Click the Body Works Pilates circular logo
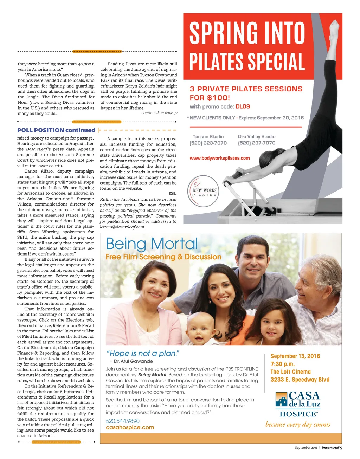click(x=203, y=192)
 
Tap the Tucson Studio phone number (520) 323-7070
click(x=208, y=143)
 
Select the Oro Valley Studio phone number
click(x=257, y=143)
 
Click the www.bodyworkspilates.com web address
click(x=220, y=158)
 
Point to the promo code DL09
click(x=243, y=106)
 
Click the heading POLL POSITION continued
click(x=56, y=130)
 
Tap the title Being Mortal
click(x=152, y=244)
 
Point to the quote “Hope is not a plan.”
click(x=143, y=353)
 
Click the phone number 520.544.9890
click(x=123, y=421)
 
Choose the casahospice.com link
click(x=130, y=428)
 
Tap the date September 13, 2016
click(x=295, y=356)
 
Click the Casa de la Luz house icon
click(x=281, y=399)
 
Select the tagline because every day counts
click(x=298, y=425)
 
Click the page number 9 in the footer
click(x=341, y=448)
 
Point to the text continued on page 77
click(x=159, y=113)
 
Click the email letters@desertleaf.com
click(x=122, y=227)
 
